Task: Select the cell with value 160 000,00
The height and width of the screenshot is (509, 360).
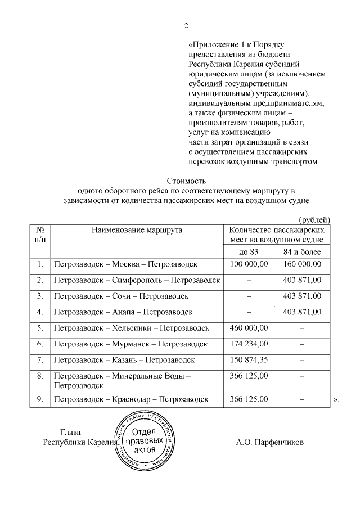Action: pos(301,264)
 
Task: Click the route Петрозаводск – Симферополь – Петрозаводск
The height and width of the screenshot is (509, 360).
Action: pos(137,280)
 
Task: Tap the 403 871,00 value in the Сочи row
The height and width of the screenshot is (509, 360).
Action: pos(301,295)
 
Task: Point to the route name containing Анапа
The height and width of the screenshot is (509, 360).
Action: pos(123,312)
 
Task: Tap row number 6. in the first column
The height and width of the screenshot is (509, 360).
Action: pos(40,343)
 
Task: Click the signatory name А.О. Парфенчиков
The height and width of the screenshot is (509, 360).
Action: pos(269,442)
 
